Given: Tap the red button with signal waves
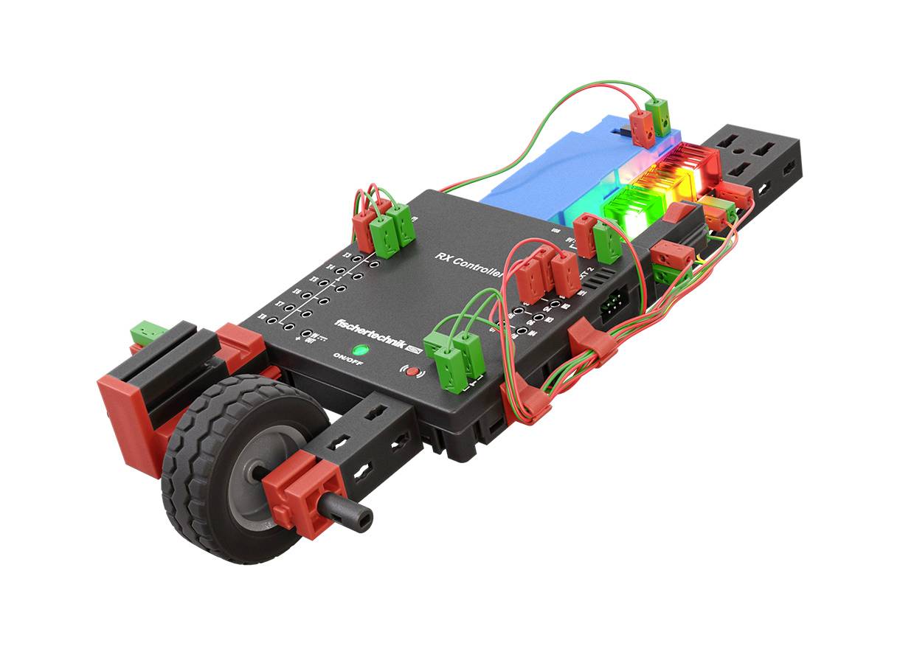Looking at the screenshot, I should [413, 372].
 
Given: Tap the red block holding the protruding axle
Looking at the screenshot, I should [304, 494].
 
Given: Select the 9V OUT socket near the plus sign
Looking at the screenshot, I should [306, 334].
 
